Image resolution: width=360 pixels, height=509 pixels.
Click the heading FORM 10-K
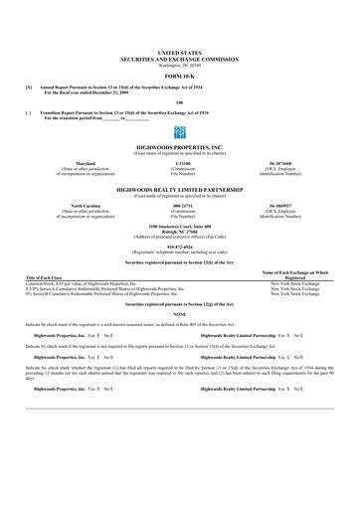(x=179, y=75)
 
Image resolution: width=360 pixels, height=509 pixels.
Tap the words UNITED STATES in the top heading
(x=179, y=49)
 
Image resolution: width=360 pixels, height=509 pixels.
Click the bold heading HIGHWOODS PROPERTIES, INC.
(x=179, y=143)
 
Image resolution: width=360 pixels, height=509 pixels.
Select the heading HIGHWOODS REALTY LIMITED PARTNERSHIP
(x=179, y=187)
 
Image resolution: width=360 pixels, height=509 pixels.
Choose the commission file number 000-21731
(x=182, y=206)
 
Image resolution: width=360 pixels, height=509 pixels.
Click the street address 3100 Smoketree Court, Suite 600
(x=179, y=225)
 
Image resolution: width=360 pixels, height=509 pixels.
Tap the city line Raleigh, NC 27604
(x=179, y=231)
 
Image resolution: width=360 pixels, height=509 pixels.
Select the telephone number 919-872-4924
(x=179, y=244)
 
